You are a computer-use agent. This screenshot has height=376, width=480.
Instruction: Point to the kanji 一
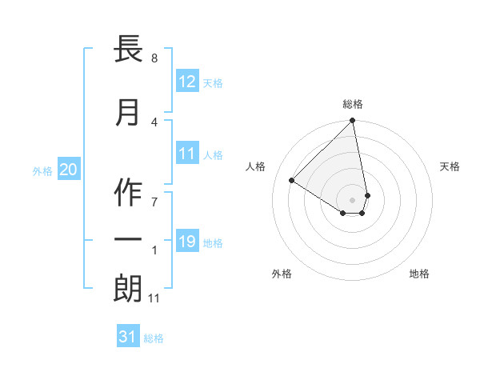129,239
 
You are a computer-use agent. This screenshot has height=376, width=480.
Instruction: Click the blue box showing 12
187,82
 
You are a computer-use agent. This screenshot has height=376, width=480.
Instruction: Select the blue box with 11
187,154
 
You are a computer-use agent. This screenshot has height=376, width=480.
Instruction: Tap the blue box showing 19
187,242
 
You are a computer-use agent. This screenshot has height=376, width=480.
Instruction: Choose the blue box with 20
69,170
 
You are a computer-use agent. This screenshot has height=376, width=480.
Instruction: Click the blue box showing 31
128,338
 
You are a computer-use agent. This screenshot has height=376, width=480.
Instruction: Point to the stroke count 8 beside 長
154,58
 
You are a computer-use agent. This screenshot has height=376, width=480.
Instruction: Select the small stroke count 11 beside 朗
154,298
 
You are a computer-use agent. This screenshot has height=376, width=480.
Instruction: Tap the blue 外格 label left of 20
42,170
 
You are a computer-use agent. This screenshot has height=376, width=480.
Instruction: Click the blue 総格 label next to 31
154,338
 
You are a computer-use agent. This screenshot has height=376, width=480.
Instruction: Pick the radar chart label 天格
450,166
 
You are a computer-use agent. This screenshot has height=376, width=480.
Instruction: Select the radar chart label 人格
256,166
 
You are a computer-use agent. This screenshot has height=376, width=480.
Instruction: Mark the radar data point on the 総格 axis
352,122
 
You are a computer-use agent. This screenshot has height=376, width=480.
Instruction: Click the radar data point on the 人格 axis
292,181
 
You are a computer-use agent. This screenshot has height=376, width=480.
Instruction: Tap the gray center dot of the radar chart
352,199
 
